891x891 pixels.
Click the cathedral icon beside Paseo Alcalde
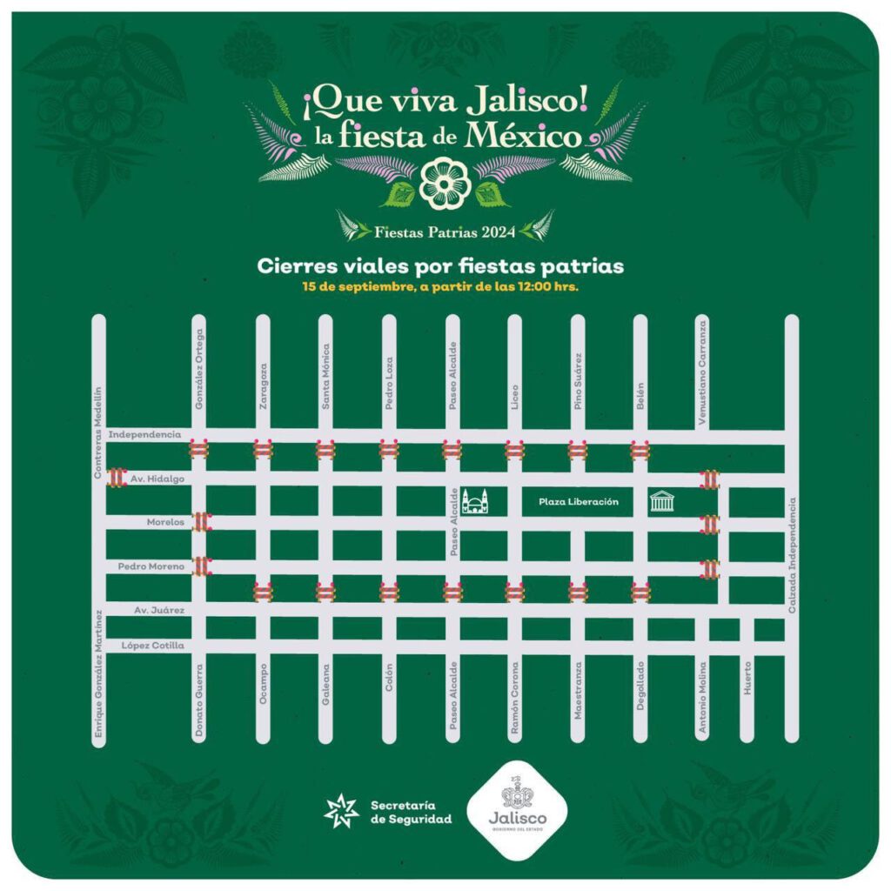click(476, 501)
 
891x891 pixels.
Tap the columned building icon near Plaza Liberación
click(662, 501)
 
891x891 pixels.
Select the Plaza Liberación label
click(578, 502)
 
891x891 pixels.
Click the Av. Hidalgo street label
click(153, 479)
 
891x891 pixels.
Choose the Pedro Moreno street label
click(151, 567)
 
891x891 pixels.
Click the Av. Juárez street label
click(159, 610)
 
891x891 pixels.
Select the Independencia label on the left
click(144, 433)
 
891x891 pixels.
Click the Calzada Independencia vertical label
click(792, 555)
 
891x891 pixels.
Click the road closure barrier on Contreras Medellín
click(115, 476)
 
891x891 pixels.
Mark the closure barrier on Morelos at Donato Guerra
click(201, 522)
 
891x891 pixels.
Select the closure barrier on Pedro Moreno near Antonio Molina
click(710, 569)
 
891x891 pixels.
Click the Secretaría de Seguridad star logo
click(341, 812)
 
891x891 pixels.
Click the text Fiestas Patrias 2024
click(445, 231)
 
